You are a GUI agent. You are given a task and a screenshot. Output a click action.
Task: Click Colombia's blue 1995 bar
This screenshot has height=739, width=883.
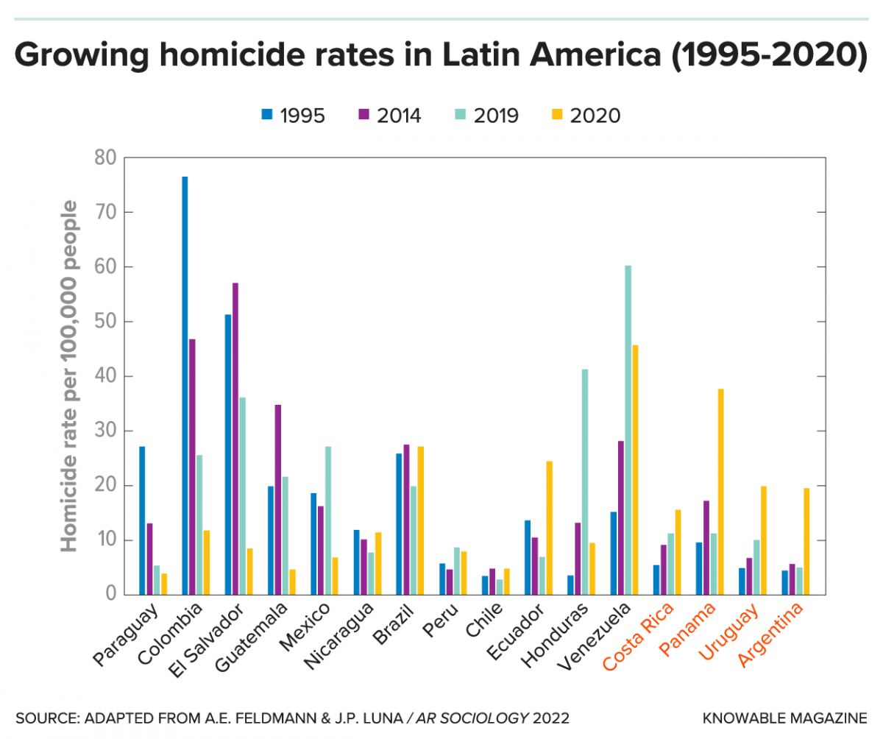185,386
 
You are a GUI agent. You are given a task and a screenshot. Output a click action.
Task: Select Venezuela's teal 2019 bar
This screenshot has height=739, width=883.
628,430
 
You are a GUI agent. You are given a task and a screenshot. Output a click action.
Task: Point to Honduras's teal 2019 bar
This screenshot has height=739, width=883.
585,481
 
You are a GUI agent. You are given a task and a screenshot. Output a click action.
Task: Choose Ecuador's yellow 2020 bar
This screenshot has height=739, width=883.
549,528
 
